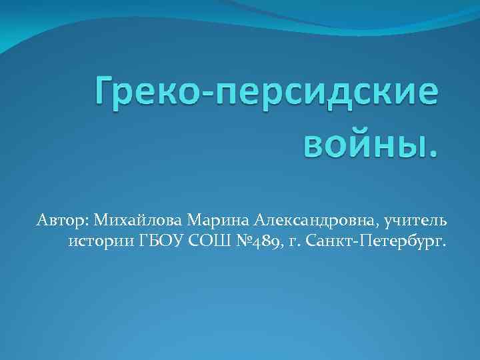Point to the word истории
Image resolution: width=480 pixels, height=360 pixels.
click(x=99, y=239)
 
